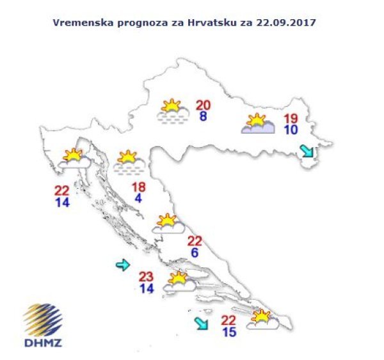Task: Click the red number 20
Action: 204,106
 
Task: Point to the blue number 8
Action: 203,117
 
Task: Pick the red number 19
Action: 291,118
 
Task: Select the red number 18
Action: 139,187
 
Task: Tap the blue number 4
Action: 139,199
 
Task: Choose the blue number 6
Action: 194,253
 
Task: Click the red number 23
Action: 147,277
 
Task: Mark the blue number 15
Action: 228,332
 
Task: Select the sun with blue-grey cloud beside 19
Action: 257,123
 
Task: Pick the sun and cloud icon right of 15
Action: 262,319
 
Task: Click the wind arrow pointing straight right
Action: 123,265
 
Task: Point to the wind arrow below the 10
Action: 307,151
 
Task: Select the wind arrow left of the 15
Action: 202,324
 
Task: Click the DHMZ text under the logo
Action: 42,343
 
